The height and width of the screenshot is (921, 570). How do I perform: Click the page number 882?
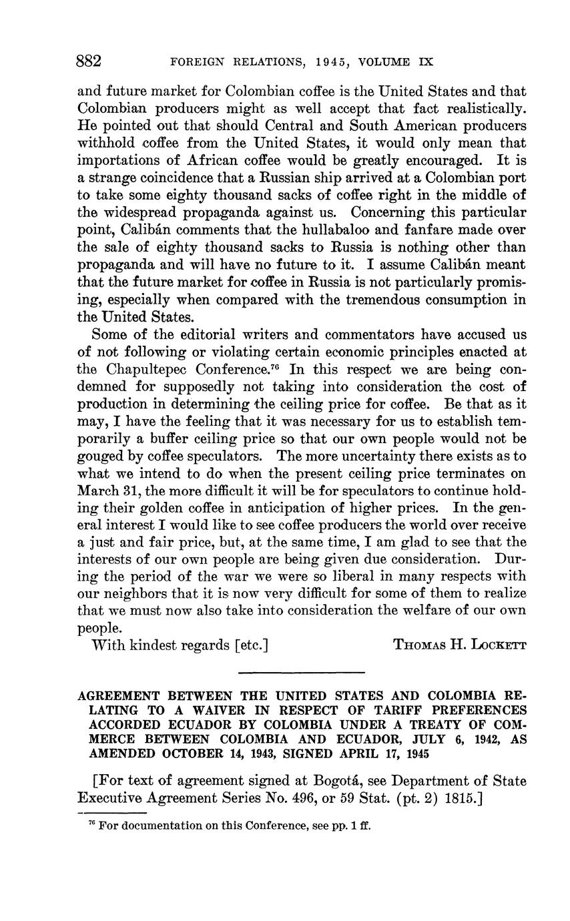point(89,62)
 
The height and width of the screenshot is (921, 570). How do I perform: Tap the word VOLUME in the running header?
point(384,63)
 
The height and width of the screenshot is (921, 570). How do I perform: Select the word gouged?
point(100,456)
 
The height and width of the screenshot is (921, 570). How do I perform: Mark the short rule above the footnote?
point(111,813)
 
